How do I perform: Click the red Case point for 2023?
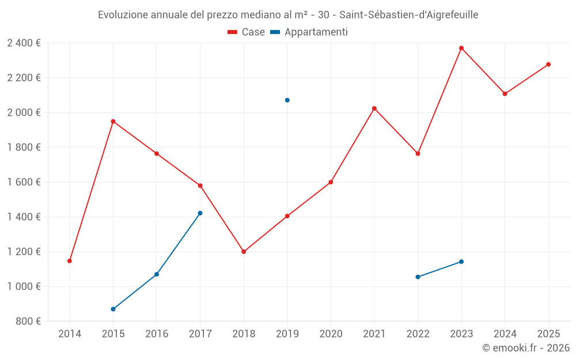click(x=461, y=48)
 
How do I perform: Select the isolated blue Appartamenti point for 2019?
click(x=287, y=100)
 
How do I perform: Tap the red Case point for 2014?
click(x=70, y=261)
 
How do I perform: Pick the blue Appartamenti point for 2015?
click(x=113, y=309)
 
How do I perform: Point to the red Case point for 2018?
click(x=244, y=252)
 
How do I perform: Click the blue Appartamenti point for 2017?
click(x=200, y=213)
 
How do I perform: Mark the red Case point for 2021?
click(x=374, y=108)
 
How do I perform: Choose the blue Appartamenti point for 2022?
click(x=418, y=277)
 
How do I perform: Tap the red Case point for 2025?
click(x=548, y=65)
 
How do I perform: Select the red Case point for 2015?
click(x=113, y=122)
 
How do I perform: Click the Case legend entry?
click(x=247, y=32)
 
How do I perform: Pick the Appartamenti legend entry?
click(x=309, y=32)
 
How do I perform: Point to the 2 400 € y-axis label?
click(x=24, y=43)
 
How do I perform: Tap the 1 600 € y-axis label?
click(x=24, y=182)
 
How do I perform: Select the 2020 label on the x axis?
click(x=331, y=334)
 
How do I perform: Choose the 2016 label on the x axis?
click(x=157, y=334)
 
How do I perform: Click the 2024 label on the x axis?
click(x=505, y=334)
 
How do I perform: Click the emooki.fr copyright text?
click(x=525, y=348)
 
